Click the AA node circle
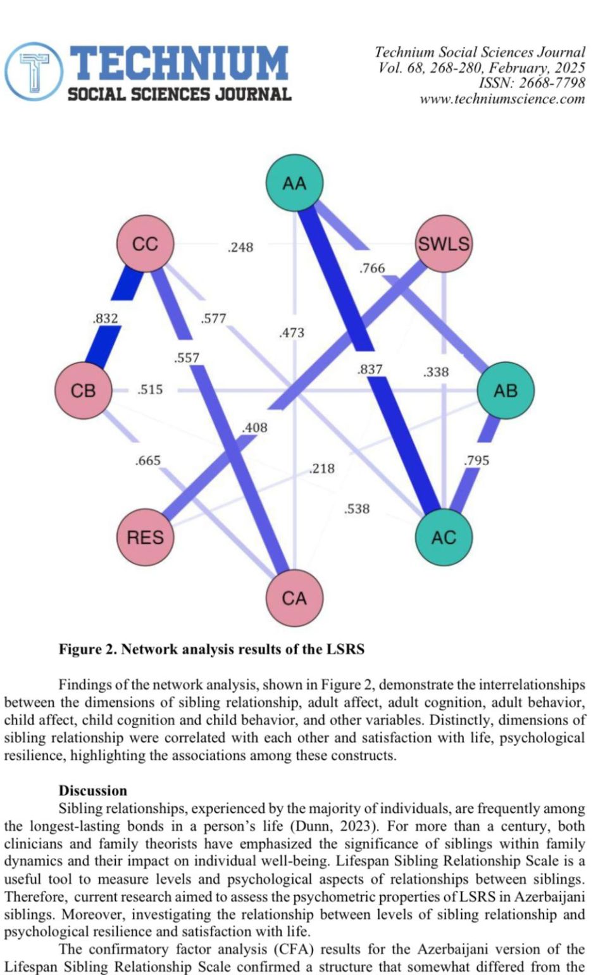294,183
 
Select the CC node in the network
145,244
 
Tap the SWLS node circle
444,244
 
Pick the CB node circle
83,390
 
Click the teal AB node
505,390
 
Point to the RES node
145,537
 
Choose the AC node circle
444,537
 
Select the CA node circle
294,598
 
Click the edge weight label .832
105,318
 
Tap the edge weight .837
370,370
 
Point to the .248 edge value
240,247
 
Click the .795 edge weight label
476,461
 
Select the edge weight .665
148,461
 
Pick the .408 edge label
255,428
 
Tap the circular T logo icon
34,71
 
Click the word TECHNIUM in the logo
179,63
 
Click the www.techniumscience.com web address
502,99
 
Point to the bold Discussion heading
93,790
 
